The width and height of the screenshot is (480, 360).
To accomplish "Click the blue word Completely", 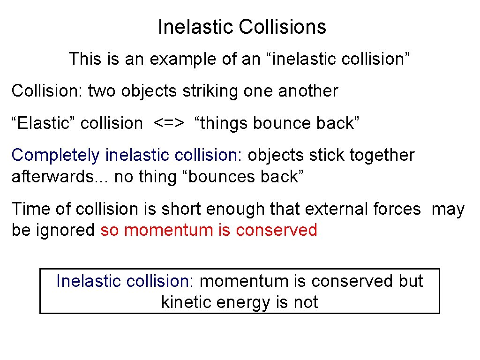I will coord(56,155).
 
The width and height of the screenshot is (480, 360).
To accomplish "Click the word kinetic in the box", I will coord(186,302).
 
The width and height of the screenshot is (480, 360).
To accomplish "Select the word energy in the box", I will coord(243,303).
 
